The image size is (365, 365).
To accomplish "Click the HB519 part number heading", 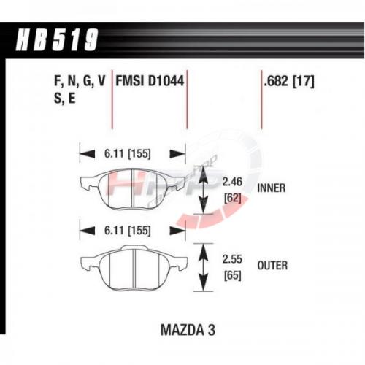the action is [x=57, y=39].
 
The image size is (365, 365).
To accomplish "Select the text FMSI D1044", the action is [x=150, y=81].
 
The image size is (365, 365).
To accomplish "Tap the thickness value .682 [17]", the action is [x=289, y=81].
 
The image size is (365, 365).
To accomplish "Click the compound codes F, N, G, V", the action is [x=80, y=81].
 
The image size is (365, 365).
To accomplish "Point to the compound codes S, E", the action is [x=65, y=99].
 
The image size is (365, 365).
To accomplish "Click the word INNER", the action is [x=272, y=188].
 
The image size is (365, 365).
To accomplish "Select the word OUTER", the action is [x=272, y=266].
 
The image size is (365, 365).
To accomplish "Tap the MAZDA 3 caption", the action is [x=188, y=330].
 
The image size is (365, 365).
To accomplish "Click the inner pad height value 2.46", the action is [x=232, y=182].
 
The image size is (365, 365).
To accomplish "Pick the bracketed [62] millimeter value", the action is [x=233, y=198].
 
